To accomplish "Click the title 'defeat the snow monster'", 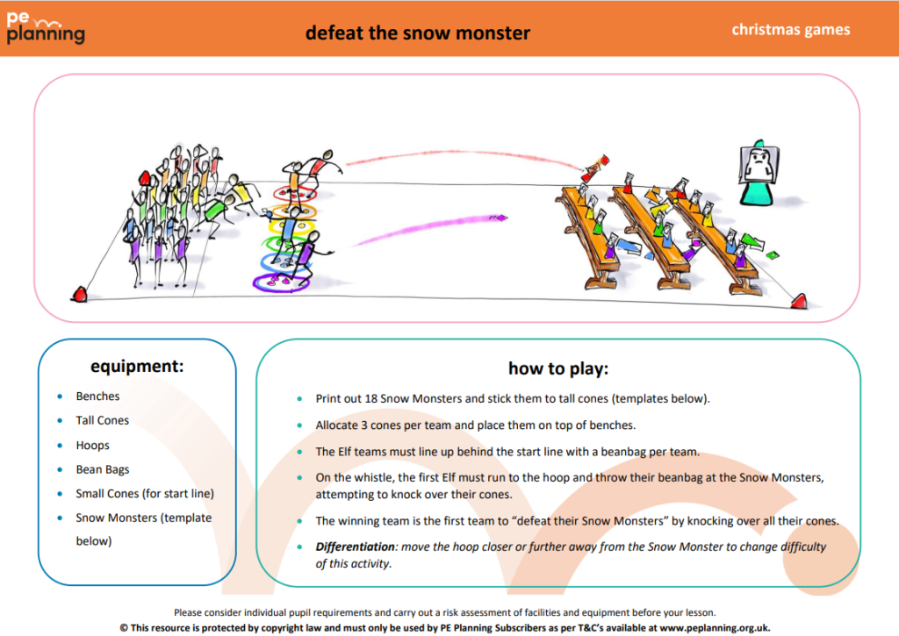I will click(x=417, y=33).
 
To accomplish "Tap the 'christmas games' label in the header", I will click(x=790, y=30).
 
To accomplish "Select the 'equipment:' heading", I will click(x=137, y=366).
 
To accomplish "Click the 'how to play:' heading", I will click(x=558, y=368).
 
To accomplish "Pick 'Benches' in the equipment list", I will click(x=97, y=397).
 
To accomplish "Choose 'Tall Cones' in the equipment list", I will click(x=102, y=421).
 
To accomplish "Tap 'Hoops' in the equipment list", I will click(x=92, y=446).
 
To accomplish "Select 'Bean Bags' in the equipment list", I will click(x=102, y=470).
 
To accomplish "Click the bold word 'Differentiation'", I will click(x=356, y=547).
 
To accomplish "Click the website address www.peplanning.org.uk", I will click(x=715, y=627).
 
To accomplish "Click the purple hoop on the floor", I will click(x=279, y=282).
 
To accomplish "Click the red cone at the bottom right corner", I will click(x=797, y=301).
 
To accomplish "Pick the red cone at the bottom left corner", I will click(x=80, y=294).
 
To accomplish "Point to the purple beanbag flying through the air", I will click(x=498, y=216).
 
